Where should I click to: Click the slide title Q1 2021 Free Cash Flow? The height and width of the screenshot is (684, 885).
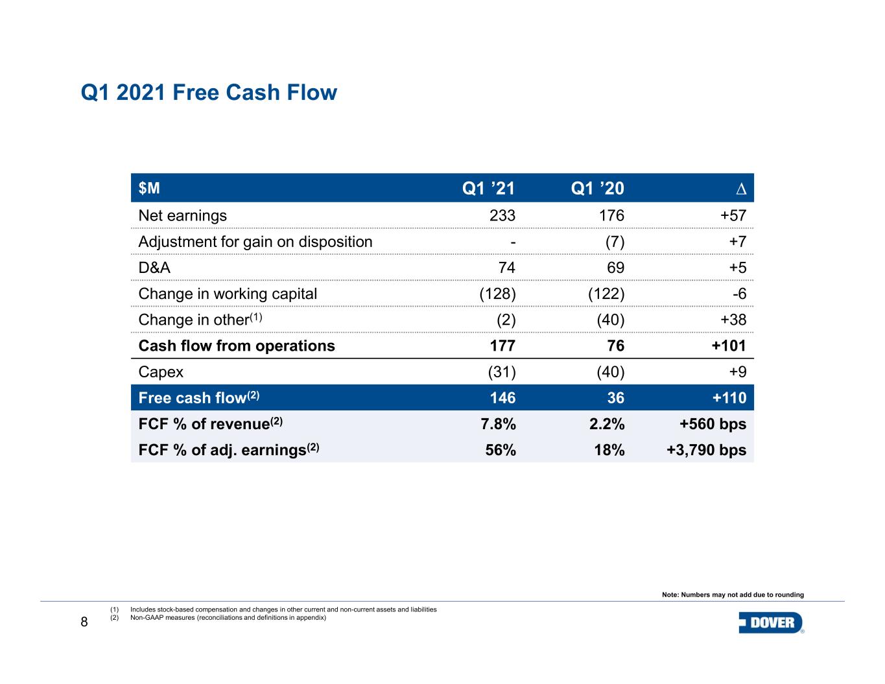point(209,93)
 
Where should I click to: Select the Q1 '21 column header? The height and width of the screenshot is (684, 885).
point(488,189)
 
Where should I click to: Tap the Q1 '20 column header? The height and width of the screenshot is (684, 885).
point(597,189)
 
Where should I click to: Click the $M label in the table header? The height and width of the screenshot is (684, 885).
point(149,188)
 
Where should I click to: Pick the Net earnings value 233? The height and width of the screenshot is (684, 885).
point(502,216)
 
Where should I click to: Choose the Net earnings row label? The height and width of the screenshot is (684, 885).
point(183,216)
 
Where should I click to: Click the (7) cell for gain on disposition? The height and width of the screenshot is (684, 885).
point(611,242)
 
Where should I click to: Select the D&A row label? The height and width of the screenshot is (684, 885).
point(155,268)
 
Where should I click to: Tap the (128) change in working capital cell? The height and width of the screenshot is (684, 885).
point(497,294)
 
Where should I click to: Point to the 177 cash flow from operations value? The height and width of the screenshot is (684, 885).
point(502,346)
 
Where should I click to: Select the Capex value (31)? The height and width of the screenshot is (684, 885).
point(501,372)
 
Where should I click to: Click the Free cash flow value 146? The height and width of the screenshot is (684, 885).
point(502,398)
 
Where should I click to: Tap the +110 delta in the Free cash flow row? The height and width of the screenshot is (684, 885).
point(729,398)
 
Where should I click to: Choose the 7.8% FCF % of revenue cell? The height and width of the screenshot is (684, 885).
point(497,425)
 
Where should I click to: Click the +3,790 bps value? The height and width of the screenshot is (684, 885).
point(707,451)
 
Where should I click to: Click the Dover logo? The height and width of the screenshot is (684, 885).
point(771,623)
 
